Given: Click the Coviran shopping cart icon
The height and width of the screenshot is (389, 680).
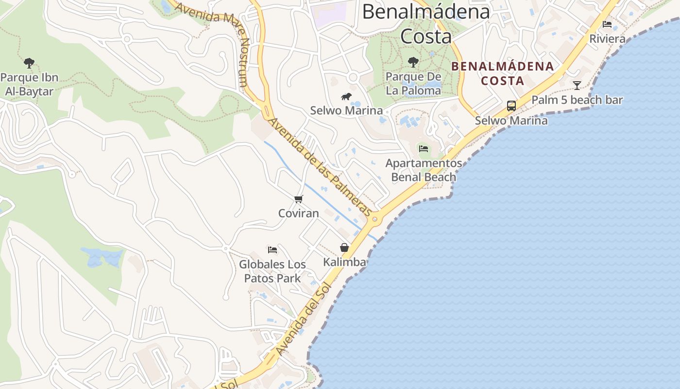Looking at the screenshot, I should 298,199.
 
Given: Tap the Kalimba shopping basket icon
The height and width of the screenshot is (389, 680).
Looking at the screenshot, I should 344,248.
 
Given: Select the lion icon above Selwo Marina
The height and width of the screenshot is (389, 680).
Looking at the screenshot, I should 346,96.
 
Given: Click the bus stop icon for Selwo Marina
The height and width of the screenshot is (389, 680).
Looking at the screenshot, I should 511,106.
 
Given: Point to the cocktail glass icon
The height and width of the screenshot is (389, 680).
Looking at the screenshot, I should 577,86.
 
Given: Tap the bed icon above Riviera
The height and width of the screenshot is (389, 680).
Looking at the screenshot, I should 607,24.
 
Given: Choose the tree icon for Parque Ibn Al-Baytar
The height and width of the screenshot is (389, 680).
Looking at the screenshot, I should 29,63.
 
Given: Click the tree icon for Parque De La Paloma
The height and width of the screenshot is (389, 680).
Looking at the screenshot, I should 413,62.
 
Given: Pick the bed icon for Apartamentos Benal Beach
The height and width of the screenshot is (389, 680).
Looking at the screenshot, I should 424,148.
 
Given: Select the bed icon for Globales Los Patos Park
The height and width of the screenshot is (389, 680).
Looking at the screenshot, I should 272,250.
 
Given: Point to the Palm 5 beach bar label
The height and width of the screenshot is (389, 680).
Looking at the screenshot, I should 577,100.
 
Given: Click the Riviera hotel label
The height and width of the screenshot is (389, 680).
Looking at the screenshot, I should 607,39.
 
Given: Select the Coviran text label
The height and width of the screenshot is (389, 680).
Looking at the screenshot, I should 298,213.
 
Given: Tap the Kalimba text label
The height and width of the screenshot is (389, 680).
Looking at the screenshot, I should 344,263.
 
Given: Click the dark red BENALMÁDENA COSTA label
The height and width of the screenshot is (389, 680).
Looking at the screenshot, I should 503,73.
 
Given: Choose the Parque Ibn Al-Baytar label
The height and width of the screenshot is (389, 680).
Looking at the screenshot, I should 29,84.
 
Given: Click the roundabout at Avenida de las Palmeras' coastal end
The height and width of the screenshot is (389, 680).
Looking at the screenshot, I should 374,219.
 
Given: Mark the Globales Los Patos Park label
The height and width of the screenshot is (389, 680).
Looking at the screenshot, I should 272,271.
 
